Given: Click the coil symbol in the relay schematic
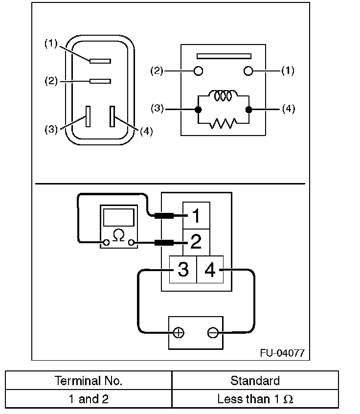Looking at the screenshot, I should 223,96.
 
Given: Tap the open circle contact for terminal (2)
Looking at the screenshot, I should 199,71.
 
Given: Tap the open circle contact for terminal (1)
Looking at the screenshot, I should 248,71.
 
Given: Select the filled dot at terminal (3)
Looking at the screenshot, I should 198,109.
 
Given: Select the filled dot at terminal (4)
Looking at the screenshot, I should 248,109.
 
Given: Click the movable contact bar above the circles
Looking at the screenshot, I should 223,56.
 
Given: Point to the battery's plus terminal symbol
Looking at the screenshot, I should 179,333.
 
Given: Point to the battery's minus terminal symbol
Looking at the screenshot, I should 212,333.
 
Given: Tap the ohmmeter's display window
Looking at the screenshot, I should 118,216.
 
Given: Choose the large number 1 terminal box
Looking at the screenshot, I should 196,216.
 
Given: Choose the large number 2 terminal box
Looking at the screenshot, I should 196,241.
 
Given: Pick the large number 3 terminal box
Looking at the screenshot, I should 183,269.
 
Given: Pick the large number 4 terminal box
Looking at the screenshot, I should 210,269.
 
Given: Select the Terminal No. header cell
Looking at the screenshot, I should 89,381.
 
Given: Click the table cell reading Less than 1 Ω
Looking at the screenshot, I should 255,399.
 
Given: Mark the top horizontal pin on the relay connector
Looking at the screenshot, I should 100,61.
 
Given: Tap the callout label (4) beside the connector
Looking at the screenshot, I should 146,132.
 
